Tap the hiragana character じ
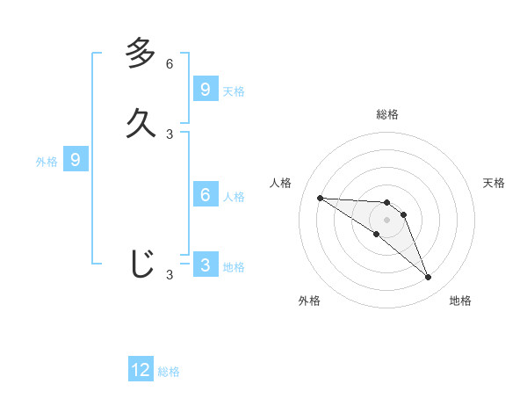tap(141, 263)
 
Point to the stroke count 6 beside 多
tap(170, 64)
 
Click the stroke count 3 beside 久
tap(170, 134)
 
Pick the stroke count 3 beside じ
tap(170, 275)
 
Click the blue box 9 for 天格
tap(206, 89)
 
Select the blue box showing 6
tap(206, 195)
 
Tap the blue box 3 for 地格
tap(206, 265)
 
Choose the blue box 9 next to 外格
tap(76, 160)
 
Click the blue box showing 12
tap(141, 370)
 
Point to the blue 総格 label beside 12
tap(169, 372)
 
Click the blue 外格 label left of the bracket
tap(47, 162)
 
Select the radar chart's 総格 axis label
tap(386, 114)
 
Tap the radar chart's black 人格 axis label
tap(281, 183)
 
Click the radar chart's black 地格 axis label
tap(460, 301)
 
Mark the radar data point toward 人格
tap(320, 198)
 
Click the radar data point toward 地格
tap(428, 278)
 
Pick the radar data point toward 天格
tap(403, 214)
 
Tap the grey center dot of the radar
tap(386, 220)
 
